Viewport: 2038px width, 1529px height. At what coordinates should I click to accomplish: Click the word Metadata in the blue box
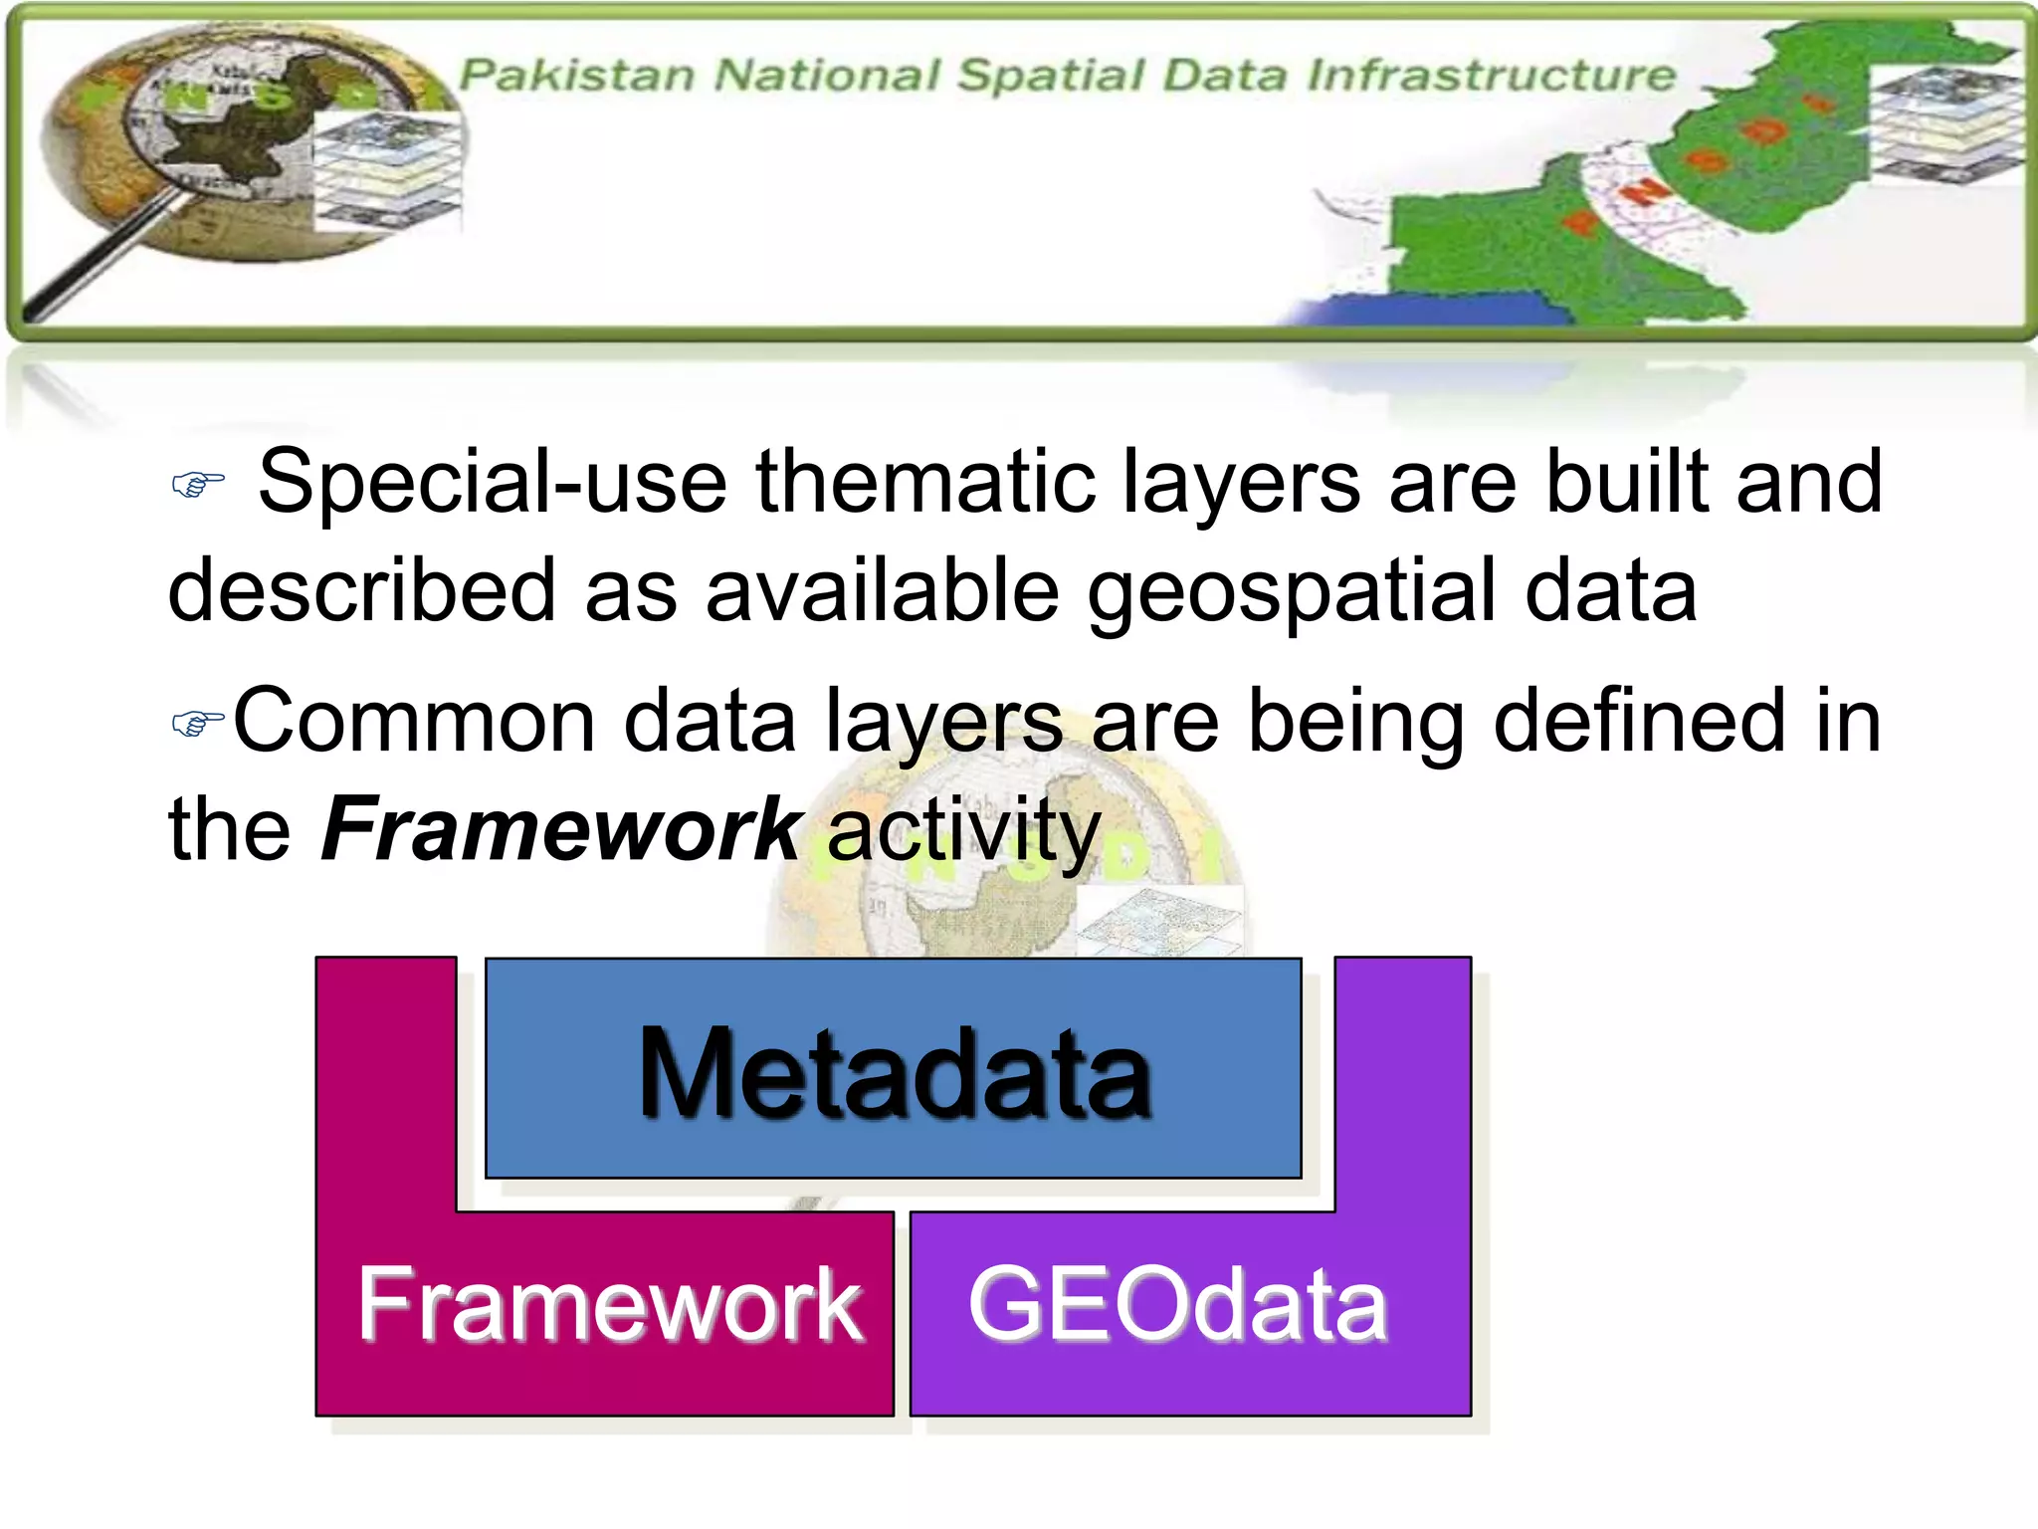[x=894, y=1073]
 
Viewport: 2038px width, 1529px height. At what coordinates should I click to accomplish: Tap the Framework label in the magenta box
[x=609, y=1305]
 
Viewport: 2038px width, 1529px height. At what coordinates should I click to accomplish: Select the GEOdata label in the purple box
[x=1177, y=1305]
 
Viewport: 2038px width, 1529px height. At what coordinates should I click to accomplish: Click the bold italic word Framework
[x=560, y=829]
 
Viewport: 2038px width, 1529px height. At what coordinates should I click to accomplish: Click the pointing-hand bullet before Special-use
[x=198, y=485]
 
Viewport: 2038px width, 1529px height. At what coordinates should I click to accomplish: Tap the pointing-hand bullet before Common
[x=197, y=723]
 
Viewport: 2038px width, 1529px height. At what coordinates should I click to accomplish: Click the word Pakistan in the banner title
[x=577, y=76]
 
